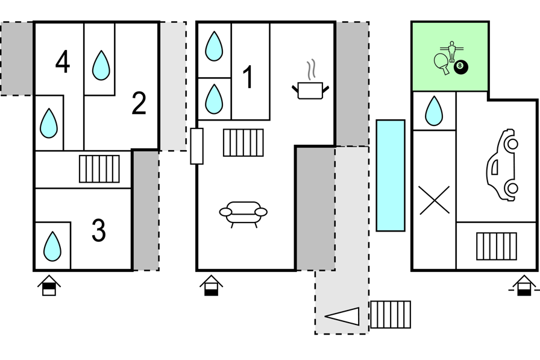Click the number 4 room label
point(63,62)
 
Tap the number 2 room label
point(139,103)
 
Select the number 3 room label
point(99,230)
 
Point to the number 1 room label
point(248,77)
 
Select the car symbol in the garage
point(503,165)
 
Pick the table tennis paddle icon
point(442,63)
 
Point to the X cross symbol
point(435,200)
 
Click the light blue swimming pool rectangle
point(391,175)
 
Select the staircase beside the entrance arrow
point(391,314)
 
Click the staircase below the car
point(497,246)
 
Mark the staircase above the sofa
point(243,143)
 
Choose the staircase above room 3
point(99,169)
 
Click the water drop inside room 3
point(52,247)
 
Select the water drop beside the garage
point(434,111)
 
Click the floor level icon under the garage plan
point(524,285)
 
